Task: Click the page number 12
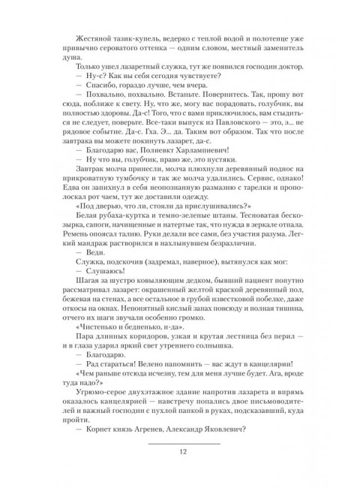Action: [x=180, y=450]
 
